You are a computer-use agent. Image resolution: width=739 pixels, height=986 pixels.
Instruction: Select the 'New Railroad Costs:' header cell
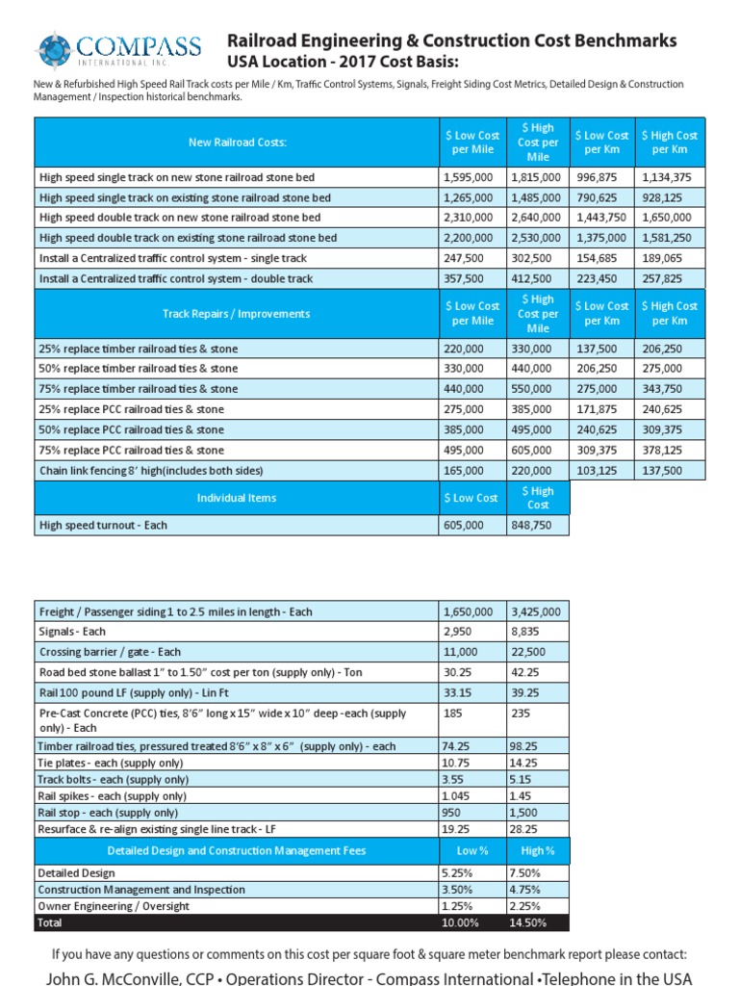pos(237,143)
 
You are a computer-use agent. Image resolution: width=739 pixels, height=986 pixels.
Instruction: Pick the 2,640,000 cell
pos(536,218)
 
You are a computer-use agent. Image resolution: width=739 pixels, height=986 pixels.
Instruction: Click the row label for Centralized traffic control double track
pos(175,278)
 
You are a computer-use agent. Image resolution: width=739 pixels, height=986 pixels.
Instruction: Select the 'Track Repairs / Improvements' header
pos(237,313)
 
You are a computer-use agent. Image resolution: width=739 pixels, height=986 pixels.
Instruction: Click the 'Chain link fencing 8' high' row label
pos(150,471)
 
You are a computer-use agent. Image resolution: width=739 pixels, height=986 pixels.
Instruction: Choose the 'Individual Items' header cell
pos(237,498)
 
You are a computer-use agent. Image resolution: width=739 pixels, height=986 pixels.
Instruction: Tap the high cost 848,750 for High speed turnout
pos(532,526)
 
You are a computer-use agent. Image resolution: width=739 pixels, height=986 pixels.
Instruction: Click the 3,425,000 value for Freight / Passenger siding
pos(536,611)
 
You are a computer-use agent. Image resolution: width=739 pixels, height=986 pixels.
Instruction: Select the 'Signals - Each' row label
pos(72,632)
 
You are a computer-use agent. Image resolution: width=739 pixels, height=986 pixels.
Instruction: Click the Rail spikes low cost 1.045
pos(458,796)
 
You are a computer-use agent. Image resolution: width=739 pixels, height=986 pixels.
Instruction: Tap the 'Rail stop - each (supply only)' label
pos(108,812)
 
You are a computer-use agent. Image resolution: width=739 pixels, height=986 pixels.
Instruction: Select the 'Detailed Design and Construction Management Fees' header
pos(237,850)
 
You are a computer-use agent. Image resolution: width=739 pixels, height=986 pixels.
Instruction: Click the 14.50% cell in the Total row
pos(532,922)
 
